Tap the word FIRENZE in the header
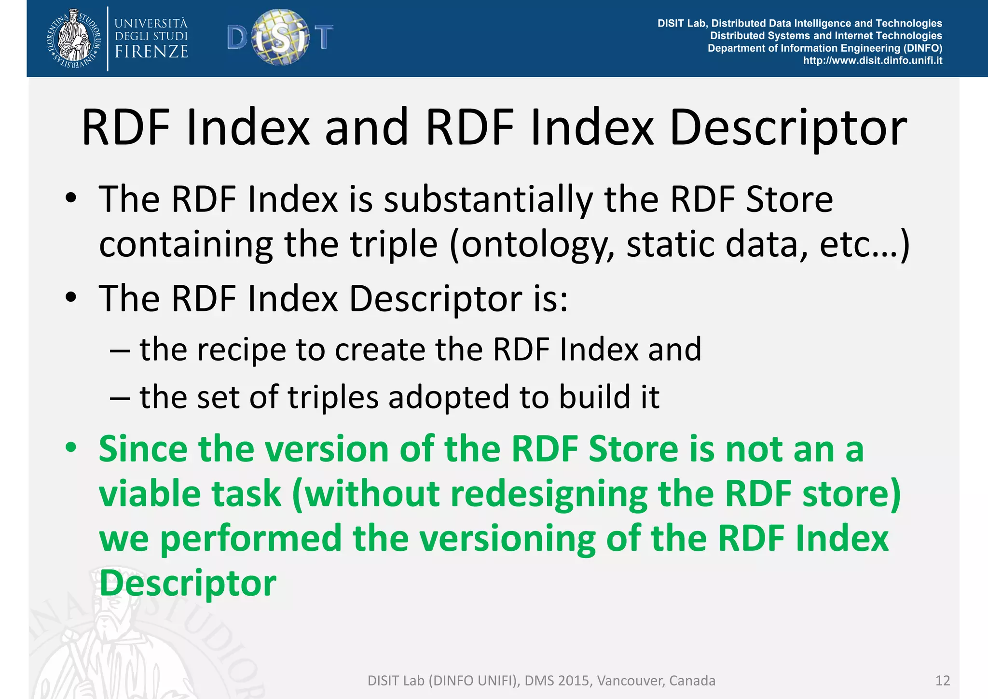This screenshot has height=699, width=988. click(151, 52)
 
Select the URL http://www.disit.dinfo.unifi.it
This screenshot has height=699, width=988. click(872, 61)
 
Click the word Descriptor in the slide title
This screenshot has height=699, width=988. click(788, 128)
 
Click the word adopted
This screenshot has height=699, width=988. click(449, 397)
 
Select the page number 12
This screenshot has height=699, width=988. click(942, 681)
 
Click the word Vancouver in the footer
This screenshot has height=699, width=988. click(630, 681)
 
